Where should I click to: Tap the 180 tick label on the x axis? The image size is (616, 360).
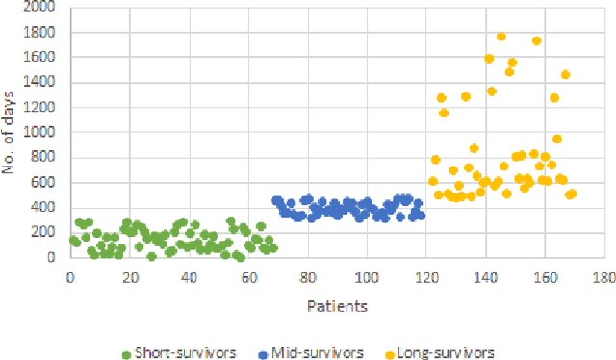coord(603,278)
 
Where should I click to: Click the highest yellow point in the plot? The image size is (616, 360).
coord(501,37)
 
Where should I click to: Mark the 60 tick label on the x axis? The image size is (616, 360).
coord(248,278)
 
